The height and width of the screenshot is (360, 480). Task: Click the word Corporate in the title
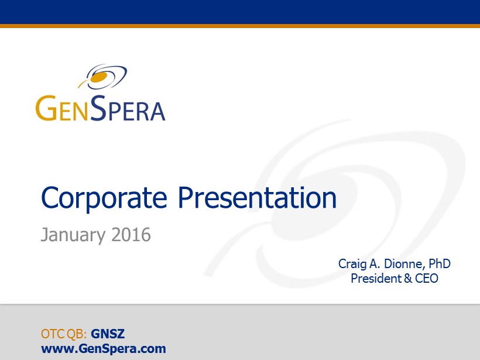click(x=104, y=198)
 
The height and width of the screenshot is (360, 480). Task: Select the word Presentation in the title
click(x=257, y=198)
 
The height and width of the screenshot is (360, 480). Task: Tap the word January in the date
click(x=73, y=235)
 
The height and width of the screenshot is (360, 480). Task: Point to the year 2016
click(x=131, y=235)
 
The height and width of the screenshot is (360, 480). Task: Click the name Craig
click(x=352, y=264)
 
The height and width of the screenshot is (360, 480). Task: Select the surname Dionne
click(x=404, y=263)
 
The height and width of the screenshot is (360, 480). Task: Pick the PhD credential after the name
click(x=439, y=263)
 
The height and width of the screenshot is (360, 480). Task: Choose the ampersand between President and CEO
click(x=408, y=278)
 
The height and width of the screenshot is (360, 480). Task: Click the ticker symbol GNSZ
click(x=108, y=334)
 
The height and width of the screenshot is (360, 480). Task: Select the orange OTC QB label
click(x=64, y=334)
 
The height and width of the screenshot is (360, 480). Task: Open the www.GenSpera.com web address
click(x=104, y=349)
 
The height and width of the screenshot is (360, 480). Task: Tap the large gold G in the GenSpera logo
click(x=46, y=108)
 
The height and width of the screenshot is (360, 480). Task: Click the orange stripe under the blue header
click(x=240, y=26)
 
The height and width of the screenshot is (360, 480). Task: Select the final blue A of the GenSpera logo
click(x=158, y=111)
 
